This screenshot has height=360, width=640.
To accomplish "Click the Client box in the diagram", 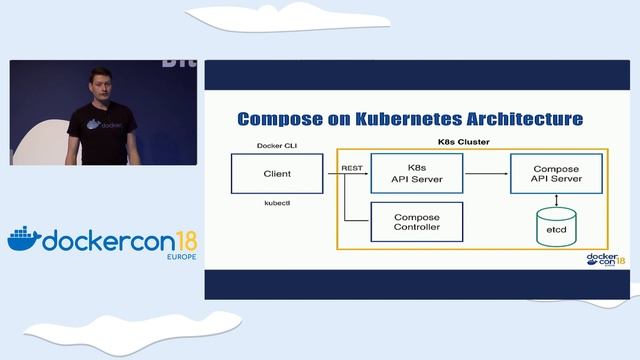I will [x=277, y=173].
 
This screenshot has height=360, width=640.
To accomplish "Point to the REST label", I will [x=352, y=168].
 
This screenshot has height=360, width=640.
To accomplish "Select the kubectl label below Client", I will [x=277, y=202].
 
